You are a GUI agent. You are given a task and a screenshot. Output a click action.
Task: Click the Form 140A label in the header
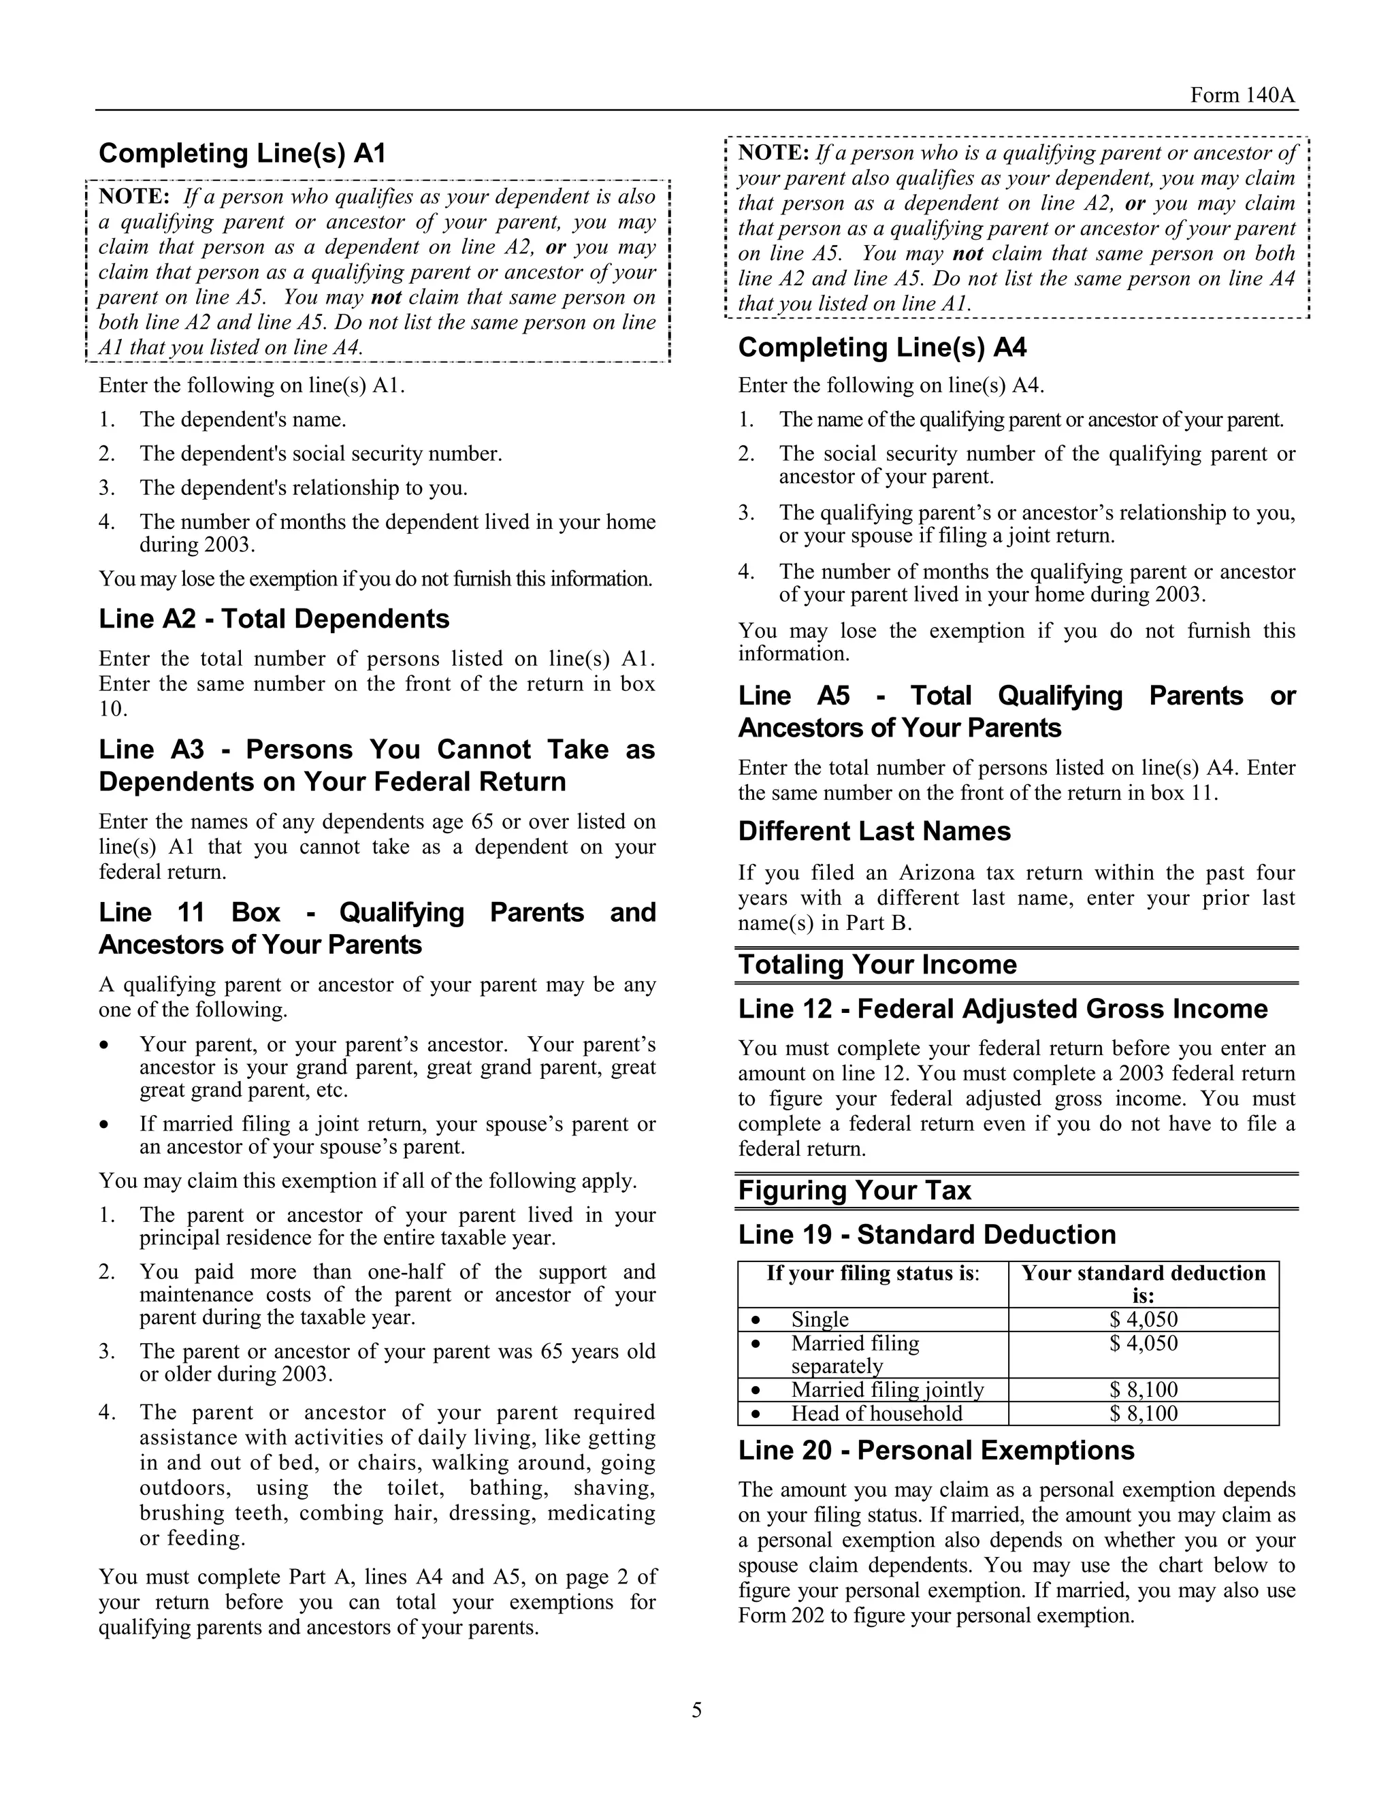[x=1243, y=96]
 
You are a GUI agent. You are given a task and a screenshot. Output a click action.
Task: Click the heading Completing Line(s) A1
[x=242, y=154]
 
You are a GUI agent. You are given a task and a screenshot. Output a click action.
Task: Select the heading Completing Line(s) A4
[x=882, y=348]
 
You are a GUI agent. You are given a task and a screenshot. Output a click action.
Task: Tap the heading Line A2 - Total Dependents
[x=274, y=619]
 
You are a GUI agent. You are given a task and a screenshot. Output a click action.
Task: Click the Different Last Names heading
[x=874, y=831]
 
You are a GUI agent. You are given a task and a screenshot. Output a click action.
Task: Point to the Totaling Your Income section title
[x=877, y=965]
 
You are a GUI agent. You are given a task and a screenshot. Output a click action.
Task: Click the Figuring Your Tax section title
[x=854, y=1190]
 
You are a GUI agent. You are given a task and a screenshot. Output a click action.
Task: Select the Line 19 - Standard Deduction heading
[x=926, y=1235]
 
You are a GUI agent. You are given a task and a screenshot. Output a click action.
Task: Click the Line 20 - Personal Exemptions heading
[x=936, y=1451]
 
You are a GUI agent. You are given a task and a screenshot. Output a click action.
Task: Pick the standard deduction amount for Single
[x=1143, y=1320]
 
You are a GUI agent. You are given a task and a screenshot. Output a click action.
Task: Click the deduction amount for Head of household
[x=1143, y=1413]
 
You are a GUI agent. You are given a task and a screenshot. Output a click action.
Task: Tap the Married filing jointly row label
[x=887, y=1390]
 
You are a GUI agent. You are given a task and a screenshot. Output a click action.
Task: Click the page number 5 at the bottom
[x=696, y=1710]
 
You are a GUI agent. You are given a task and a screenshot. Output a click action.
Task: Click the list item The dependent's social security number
[x=321, y=453]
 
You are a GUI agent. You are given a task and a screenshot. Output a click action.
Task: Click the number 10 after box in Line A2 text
[x=112, y=709]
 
